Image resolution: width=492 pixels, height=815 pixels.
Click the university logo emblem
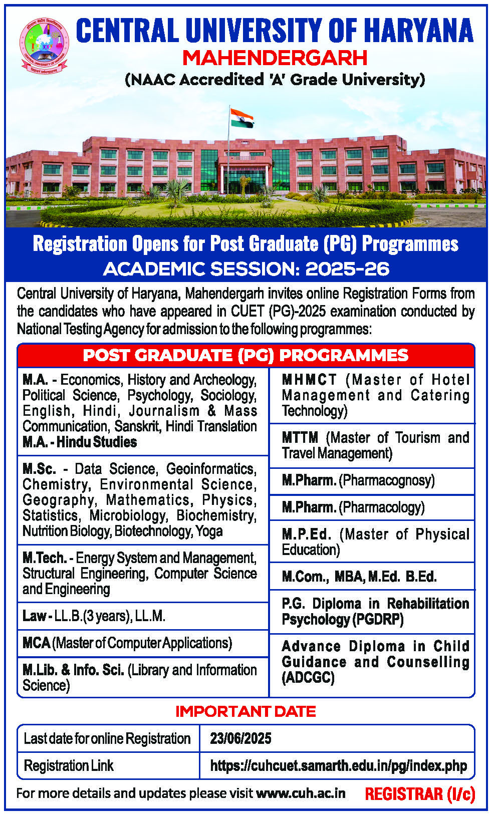click(44, 45)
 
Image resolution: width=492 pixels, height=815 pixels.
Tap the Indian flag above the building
click(241, 118)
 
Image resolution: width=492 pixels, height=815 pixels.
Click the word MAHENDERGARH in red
click(275, 58)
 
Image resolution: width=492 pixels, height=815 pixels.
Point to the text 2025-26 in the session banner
click(347, 269)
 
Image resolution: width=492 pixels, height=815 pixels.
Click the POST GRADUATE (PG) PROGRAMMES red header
click(245, 355)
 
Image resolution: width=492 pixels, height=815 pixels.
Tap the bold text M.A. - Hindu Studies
click(80, 442)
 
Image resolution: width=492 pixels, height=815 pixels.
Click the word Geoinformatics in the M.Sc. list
click(211, 469)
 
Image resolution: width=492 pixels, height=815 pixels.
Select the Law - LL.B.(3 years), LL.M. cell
click(94, 616)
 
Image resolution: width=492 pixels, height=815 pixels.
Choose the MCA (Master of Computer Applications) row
click(127, 643)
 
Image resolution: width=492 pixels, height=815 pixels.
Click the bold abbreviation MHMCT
click(309, 380)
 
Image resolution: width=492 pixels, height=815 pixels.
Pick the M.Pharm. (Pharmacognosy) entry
click(358, 480)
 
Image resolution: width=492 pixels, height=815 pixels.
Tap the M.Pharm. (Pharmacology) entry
click(353, 507)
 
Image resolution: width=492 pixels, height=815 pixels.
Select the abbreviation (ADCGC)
click(308, 678)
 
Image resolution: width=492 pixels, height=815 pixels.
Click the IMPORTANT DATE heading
click(245, 711)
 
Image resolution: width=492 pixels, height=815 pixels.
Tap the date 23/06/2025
click(240, 738)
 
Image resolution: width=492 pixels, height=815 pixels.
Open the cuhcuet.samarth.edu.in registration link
click(338, 766)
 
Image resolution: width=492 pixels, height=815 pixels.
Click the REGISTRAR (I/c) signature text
click(420, 794)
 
